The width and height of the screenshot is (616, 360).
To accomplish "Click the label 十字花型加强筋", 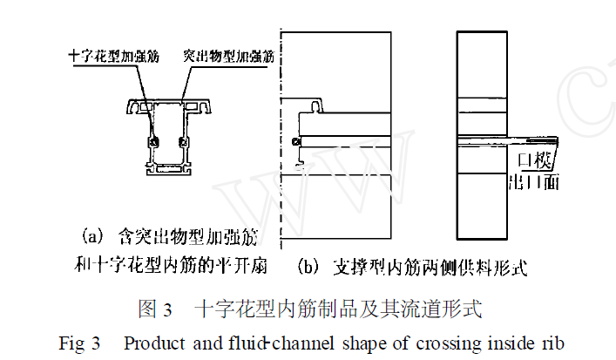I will click(x=113, y=55).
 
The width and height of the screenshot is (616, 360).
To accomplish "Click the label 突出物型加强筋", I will click(x=228, y=55).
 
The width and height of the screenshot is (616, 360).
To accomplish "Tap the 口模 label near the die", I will click(x=532, y=160).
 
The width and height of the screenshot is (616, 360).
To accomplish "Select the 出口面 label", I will click(x=530, y=181).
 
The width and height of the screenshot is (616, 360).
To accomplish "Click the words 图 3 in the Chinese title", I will click(x=157, y=308).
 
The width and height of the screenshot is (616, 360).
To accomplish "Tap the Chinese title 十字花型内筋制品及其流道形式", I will click(x=338, y=308).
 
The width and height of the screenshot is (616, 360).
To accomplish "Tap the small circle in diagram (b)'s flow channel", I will click(x=297, y=142).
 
